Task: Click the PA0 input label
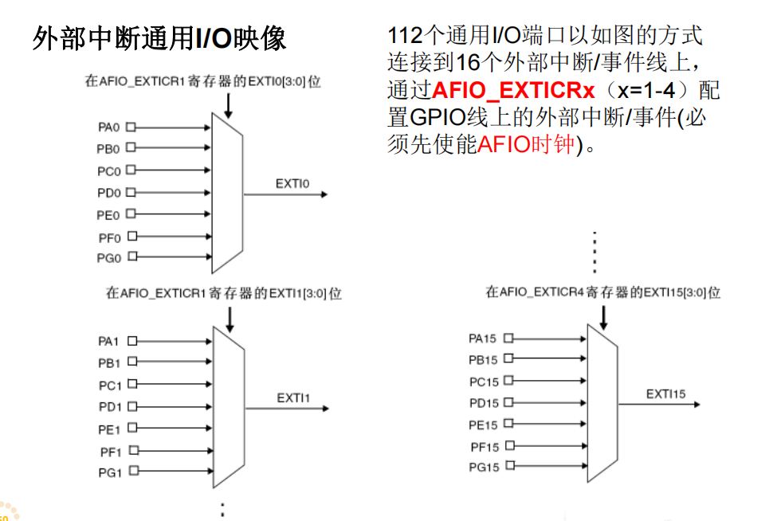click(109, 127)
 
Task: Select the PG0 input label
click(109, 257)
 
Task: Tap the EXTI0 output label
click(292, 184)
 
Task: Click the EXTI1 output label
click(293, 398)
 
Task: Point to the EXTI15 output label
click(665, 394)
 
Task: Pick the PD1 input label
click(109, 407)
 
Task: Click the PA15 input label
click(482, 339)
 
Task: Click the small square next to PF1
click(131, 450)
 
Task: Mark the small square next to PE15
click(508, 424)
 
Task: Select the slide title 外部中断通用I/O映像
click(159, 38)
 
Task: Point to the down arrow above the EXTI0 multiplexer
click(229, 104)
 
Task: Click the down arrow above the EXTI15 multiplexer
click(603, 315)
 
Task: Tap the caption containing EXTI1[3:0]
click(224, 293)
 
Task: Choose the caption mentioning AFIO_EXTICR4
click(602, 292)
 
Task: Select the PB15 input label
click(482, 360)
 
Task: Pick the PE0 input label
click(109, 215)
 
